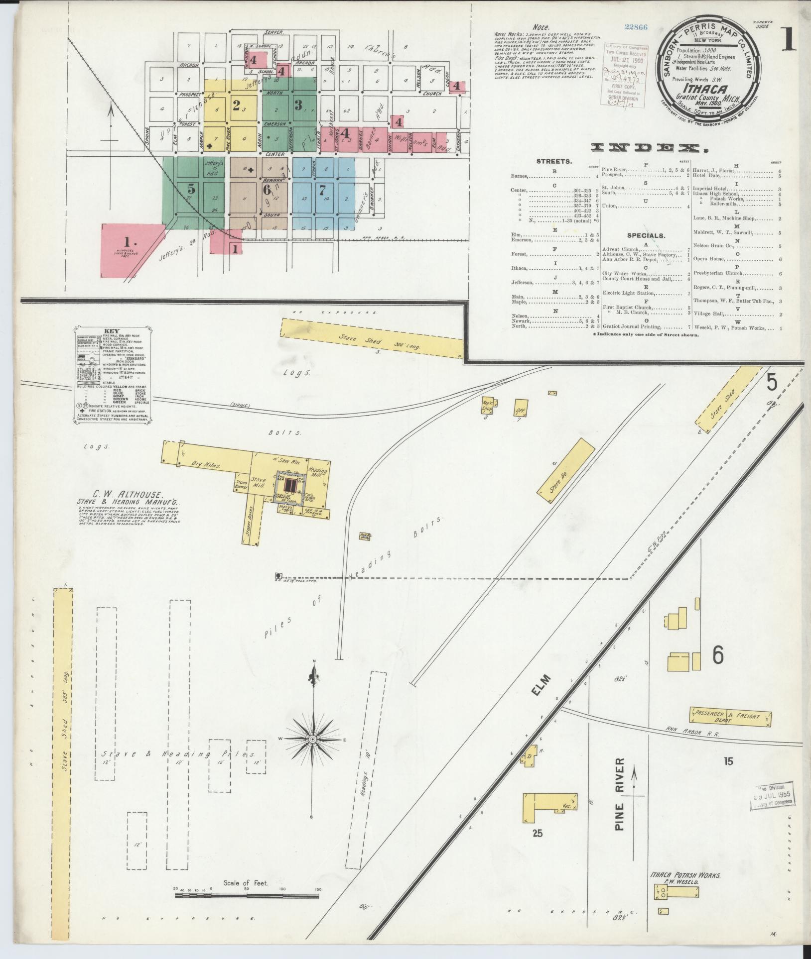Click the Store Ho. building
point(566,467)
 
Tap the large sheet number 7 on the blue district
point(322,190)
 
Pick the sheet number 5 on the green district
point(191,189)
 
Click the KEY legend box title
point(112,331)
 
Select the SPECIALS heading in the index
point(646,235)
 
